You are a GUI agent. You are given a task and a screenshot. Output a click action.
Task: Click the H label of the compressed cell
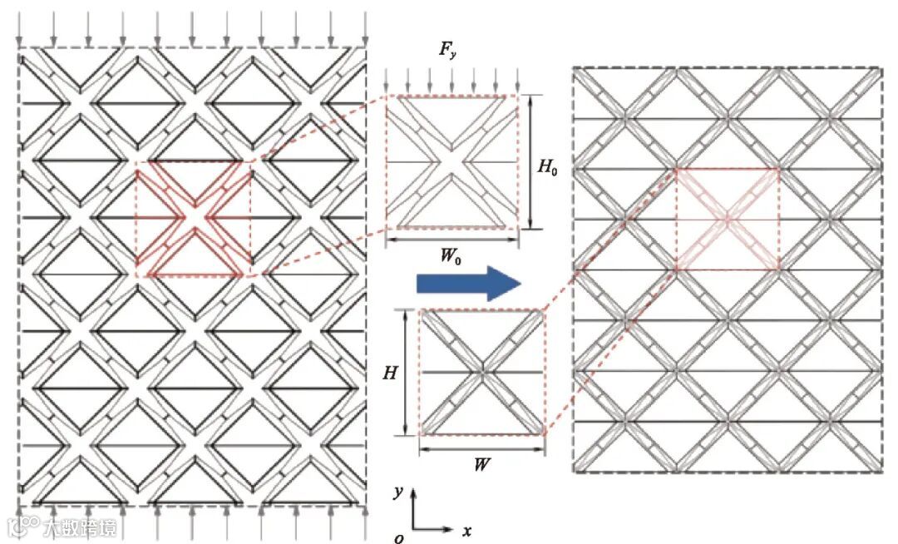click(389, 373)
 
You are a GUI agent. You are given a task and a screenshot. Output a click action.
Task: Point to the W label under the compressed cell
click(481, 465)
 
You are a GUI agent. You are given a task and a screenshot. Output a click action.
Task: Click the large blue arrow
click(467, 284)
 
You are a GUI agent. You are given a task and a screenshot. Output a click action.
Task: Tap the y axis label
click(399, 492)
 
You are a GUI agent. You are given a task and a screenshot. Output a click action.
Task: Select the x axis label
click(467, 530)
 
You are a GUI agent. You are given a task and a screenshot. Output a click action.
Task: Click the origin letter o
click(399, 538)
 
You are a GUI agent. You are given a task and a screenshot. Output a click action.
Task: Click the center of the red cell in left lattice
click(193, 219)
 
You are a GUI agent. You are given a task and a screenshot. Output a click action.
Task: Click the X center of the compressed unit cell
click(481, 372)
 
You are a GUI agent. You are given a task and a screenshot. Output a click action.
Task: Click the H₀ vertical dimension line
click(530, 161)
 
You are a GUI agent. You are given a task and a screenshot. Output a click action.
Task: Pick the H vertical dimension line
click(407, 372)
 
